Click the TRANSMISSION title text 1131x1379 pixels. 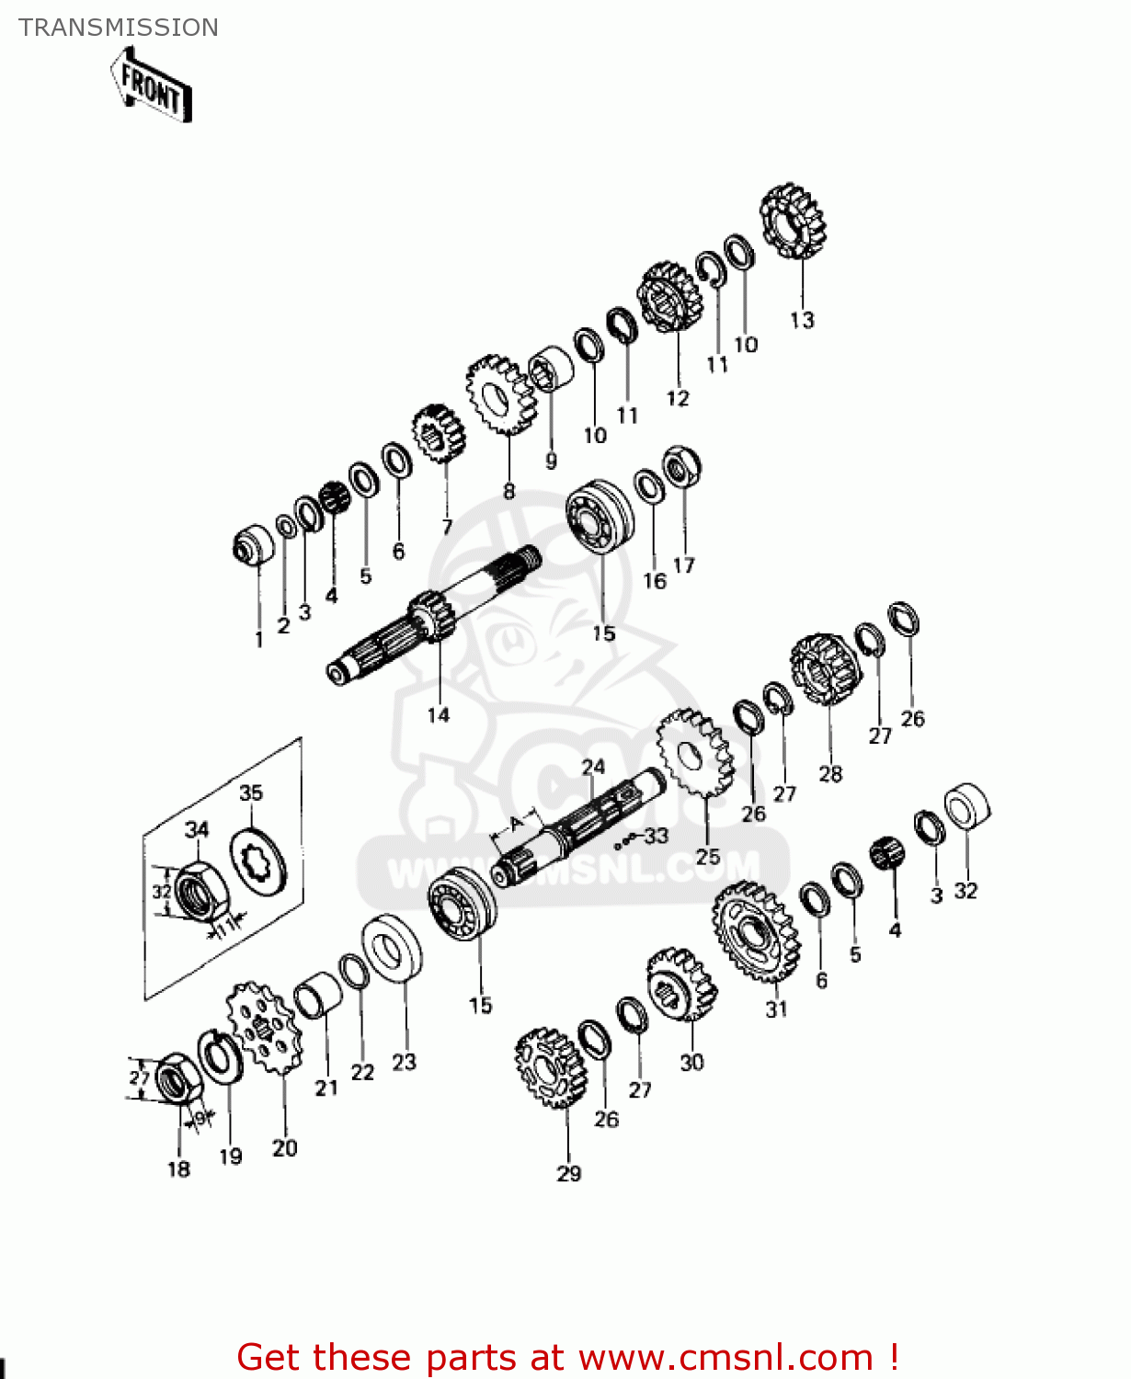point(119,28)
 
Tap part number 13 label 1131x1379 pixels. point(802,320)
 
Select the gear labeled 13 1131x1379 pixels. point(793,222)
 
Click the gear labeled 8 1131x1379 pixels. point(500,395)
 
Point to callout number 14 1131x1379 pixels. point(439,715)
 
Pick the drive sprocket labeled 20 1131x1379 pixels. point(264,1027)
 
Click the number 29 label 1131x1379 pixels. point(569,1173)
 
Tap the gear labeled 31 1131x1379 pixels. point(755,931)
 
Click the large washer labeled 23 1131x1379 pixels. point(393,949)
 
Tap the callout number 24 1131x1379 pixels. point(593,767)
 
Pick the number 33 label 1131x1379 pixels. point(656,836)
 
